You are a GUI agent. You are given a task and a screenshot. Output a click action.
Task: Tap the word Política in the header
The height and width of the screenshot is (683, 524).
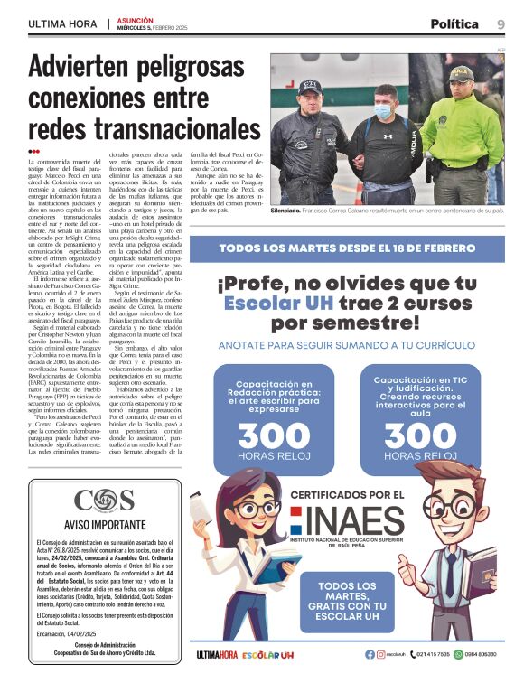pyautogui.click(x=454, y=23)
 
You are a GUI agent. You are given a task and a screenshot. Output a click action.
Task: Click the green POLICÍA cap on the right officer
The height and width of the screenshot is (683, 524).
pyautogui.click(x=462, y=72)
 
